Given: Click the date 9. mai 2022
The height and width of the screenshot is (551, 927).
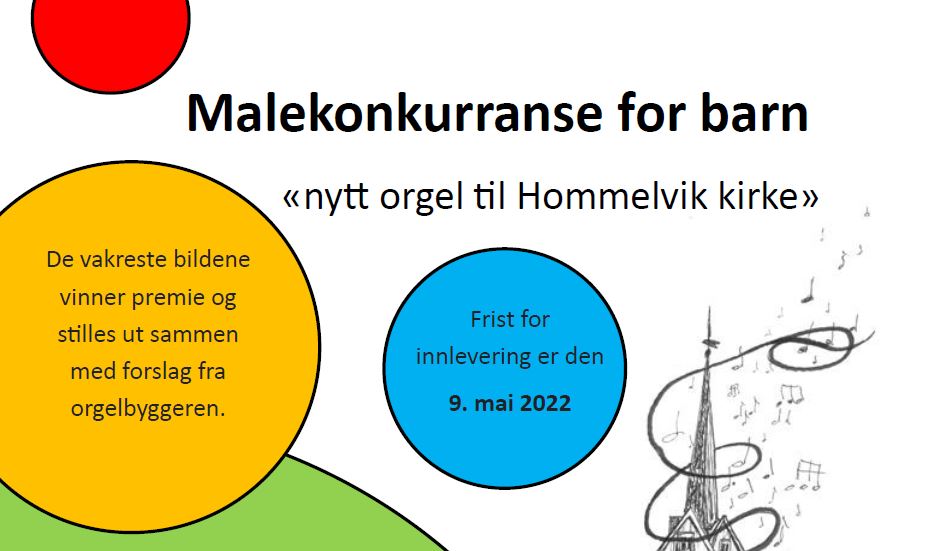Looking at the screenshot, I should coord(510,404).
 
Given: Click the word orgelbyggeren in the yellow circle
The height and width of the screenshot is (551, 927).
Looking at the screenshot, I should coord(147,408).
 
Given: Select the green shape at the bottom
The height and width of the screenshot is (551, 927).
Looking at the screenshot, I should coord(150,510).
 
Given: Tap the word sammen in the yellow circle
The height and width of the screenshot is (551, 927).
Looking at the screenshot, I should coord(201,334).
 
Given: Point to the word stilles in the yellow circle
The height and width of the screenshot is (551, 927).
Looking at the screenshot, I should coord(89,334).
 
